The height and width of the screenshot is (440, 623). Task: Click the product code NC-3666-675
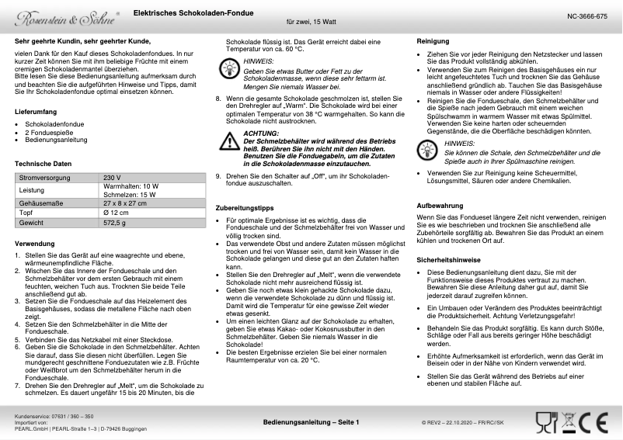(x=586, y=16)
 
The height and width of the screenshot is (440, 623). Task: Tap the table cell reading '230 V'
(x=113, y=178)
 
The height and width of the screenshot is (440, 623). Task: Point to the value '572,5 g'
(x=114, y=223)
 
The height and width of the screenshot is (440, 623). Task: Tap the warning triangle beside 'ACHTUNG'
(x=229, y=141)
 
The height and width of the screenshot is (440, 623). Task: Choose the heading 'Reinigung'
(x=433, y=40)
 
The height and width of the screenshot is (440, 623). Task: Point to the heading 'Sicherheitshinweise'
(x=450, y=258)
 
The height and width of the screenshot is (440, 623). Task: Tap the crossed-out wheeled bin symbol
(x=569, y=422)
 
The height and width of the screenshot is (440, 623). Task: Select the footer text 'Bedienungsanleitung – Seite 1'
(x=311, y=422)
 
